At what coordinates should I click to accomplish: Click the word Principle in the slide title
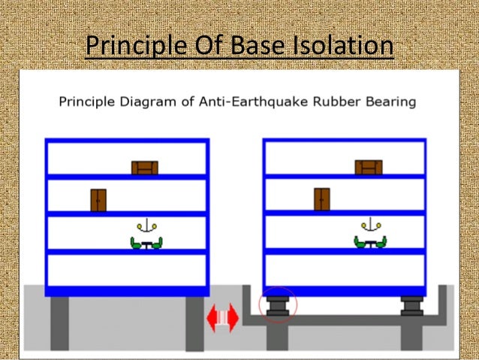coord(131,46)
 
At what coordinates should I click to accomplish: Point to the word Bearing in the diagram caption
coord(390,101)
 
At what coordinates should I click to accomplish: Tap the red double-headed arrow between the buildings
coord(223,316)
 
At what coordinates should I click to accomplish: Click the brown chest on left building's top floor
coord(145,168)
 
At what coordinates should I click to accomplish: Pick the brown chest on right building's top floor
coord(368,167)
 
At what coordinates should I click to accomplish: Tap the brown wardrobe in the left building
coord(98,200)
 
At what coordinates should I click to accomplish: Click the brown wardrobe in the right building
coord(322,199)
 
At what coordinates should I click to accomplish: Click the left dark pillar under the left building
coord(60,323)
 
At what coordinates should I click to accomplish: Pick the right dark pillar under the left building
coord(194,323)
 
